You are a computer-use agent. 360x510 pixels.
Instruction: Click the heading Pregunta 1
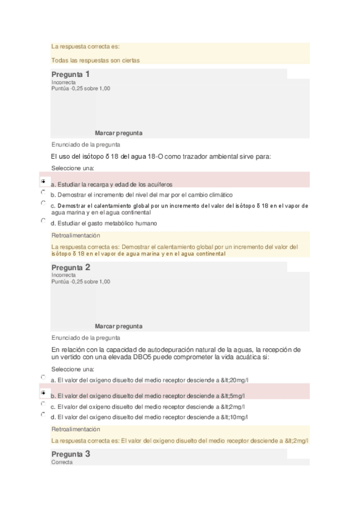pos(70,74)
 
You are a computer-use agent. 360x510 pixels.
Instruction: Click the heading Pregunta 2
pos(70,267)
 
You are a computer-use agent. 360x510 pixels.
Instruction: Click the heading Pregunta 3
pos(70,454)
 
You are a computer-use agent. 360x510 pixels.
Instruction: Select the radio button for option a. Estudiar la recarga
pos(43,180)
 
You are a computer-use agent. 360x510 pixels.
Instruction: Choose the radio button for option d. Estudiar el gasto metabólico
pos(43,220)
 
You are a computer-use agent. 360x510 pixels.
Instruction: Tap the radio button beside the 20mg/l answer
pos(43,377)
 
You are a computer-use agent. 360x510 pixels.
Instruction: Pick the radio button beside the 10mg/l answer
pos(43,414)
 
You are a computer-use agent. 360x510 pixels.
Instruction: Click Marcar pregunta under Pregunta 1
pos(118,133)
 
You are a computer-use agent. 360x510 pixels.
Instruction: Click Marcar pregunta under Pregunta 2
pos(118,326)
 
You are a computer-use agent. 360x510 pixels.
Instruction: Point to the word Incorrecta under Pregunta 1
pos(64,82)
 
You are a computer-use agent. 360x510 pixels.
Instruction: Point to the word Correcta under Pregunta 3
pos(62,462)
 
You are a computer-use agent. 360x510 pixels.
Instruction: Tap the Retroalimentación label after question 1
pos(76,235)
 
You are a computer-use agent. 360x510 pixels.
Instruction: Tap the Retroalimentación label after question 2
pos(76,429)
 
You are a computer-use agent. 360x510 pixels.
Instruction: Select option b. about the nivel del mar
pos(141,195)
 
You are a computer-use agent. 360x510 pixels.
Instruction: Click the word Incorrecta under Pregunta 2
pos(64,275)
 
